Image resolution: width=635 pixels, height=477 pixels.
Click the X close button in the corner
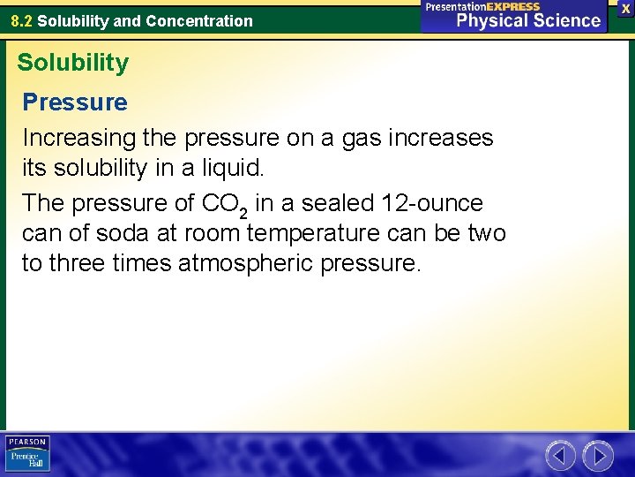pyautogui.click(x=625, y=8)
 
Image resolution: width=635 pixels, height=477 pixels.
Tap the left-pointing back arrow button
pyautogui.click(x=560, y=456)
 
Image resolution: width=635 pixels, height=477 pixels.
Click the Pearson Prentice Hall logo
pyautogui.click(x=27, y=453)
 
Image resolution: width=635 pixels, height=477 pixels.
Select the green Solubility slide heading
pyautogui.click(x=72, y=63)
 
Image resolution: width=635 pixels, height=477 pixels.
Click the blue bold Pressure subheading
pyautogui.click(x=75, y=102)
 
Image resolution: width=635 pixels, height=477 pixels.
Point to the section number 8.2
pyautogui.click(x=22, y=20)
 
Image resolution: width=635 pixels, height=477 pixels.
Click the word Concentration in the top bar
pyautogui.click(x=204, y=20)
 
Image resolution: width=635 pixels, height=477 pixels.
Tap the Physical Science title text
pyautogui.click(x=528, y=21)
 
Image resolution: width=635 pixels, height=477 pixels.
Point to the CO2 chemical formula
pyautogui.click(x=226, y=204)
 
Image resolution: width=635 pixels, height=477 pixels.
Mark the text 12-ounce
pyautogui.click(x=432, y=203)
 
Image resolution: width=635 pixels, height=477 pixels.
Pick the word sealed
pyautogui.click(x=334, y=203)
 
